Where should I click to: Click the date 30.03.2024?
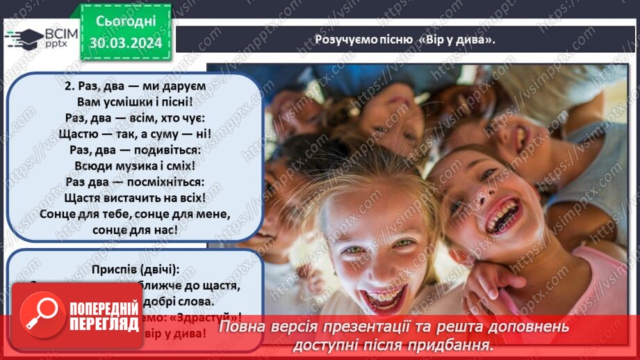126,42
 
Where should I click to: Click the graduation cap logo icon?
24,37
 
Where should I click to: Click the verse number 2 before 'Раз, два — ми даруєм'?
68,86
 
